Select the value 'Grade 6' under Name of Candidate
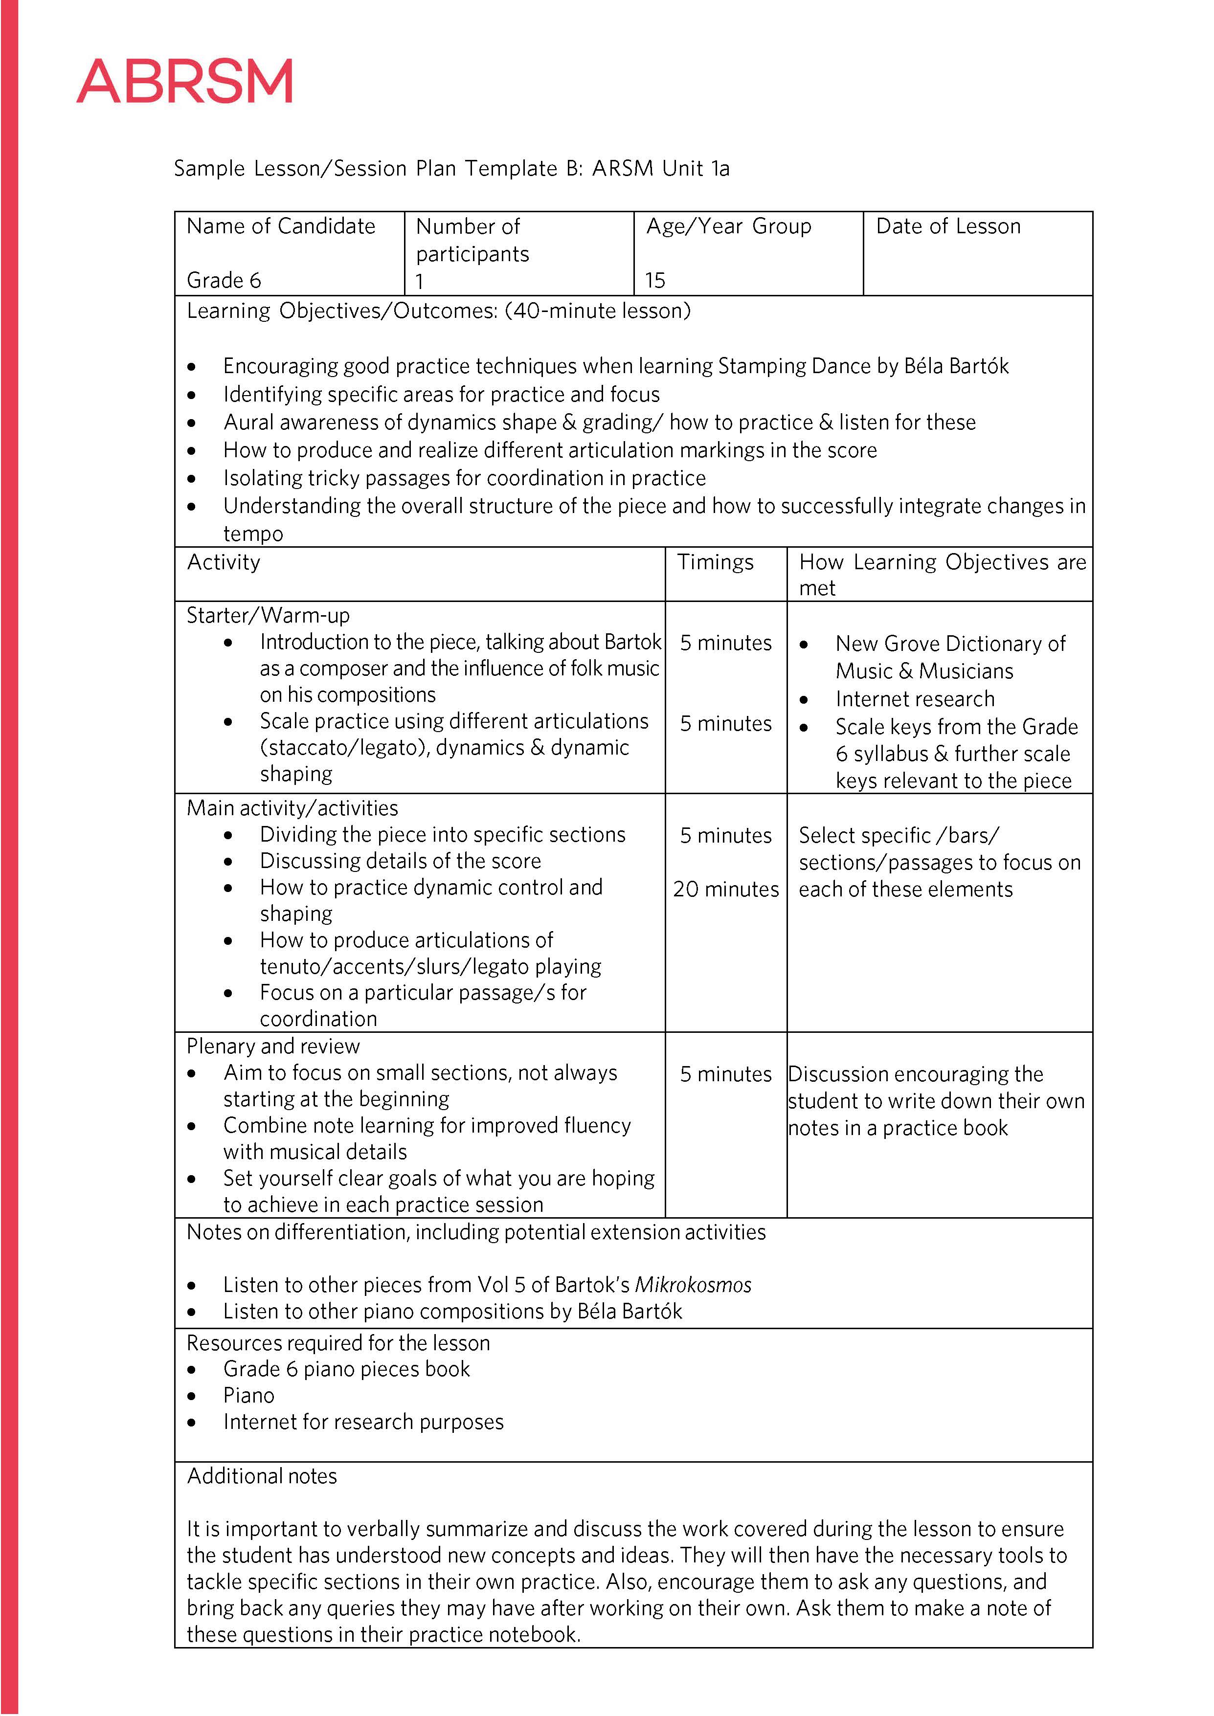pos(224,280)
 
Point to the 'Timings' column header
pos(715,562)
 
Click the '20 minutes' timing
pos(725,890)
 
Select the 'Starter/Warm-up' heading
pos(268,615)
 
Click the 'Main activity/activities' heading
pos(292,808)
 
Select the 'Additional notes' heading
pos(262,1476)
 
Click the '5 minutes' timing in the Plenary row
pos(725,1074)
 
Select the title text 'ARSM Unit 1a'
pos(660,168)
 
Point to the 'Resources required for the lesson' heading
pos(338,1343)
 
